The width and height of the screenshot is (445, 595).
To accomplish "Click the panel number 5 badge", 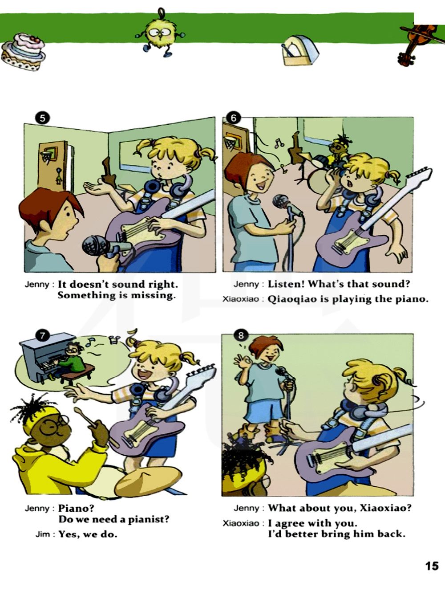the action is (x=42, y=118).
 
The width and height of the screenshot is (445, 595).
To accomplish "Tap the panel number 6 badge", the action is (x=234, y=118).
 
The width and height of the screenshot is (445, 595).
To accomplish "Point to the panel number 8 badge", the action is (x=241, y=336).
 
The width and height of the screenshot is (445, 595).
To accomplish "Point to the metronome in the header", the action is (x=300, y=50).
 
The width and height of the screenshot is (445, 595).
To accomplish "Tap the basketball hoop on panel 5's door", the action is (x=48, y=155).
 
